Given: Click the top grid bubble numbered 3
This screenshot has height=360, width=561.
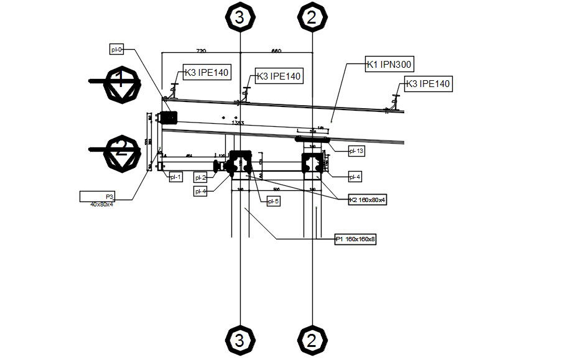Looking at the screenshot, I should coord(240,17).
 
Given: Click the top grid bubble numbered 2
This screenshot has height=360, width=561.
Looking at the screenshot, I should coord(312,17).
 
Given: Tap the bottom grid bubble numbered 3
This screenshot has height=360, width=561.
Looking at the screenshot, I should coord(240,340).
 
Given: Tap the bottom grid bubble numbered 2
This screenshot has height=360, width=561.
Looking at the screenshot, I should coord(312,340).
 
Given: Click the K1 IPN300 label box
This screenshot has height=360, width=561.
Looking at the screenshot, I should coord(389,64).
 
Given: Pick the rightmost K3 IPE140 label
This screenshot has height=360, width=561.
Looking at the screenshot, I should coord(427,83).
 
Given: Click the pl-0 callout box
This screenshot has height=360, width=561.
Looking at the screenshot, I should coord(117,49).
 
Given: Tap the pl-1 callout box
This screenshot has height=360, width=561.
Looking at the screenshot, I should coord(175,177).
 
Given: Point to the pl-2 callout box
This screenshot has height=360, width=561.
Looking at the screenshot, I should coord(200,177).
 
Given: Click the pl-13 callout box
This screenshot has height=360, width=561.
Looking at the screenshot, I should coord(356,150).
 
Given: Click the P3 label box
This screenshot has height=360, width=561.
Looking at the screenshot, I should coord(106,196).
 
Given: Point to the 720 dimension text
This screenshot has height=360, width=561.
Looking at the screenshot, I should coord(201,51).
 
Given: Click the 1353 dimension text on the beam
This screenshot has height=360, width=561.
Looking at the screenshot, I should coord(237,123).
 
